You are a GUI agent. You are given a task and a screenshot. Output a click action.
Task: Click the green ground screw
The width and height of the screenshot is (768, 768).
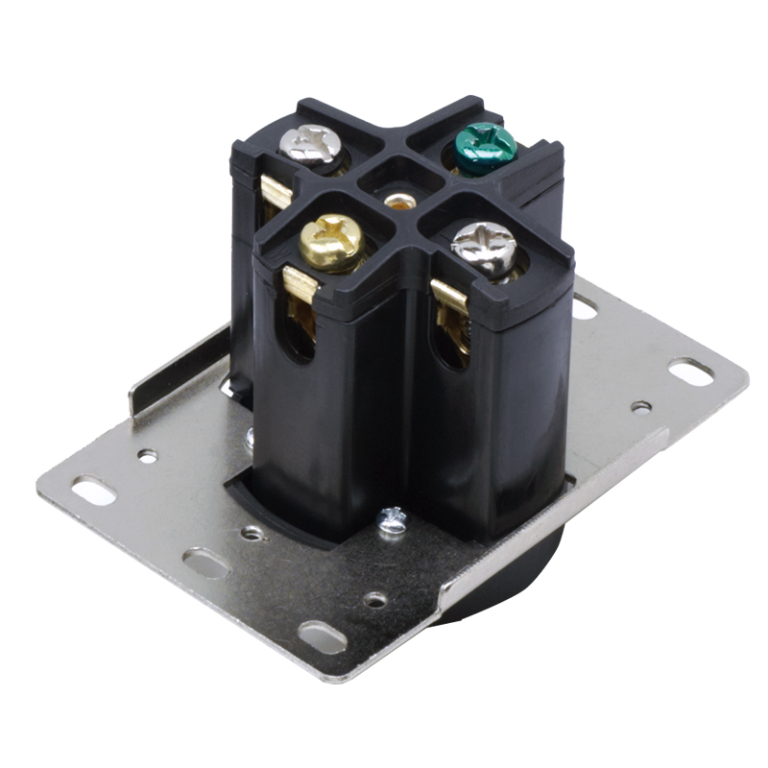(484, 149)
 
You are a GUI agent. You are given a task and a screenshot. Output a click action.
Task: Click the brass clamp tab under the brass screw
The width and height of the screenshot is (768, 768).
(300, 285)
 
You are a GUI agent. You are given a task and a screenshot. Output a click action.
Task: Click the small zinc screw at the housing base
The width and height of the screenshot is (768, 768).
(392, 519)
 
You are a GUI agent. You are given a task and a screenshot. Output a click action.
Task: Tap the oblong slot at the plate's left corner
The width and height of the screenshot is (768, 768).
(89, 492)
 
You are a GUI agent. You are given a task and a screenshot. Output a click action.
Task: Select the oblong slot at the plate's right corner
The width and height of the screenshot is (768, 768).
(691, 371)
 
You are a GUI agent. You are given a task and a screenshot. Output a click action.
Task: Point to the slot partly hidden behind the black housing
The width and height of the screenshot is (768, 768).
(583, 306)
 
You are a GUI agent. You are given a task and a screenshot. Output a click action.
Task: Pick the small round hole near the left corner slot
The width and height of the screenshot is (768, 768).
(147, 455)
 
